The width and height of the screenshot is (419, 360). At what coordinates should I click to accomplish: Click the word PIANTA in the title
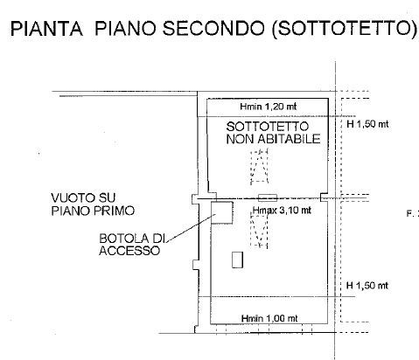click(x=46, y=28)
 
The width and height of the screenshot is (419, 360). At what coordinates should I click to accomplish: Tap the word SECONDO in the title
click(x=213, y=28)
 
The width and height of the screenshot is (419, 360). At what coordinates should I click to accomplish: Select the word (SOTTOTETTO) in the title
click(x=344, y=28)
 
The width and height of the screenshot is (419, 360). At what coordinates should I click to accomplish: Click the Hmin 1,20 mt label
click(x=269, y=107)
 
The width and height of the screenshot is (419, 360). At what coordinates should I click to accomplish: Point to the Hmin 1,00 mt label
click(x=269, y=318)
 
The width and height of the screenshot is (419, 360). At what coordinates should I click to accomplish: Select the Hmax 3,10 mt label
click(x=282, y=210)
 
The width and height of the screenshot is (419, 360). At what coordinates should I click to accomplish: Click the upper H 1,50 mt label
click(x=367, y=124)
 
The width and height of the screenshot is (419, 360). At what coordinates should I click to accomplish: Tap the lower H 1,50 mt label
click(x=367, y=286)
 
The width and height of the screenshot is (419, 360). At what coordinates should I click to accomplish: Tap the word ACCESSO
click(x=129, y=251)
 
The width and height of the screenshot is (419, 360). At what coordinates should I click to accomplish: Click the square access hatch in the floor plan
click(x=222, y=212)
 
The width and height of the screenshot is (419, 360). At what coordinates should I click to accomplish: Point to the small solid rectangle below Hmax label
click(x=237, y=260)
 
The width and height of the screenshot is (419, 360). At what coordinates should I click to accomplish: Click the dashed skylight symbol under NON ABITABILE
click(x=259, y=167)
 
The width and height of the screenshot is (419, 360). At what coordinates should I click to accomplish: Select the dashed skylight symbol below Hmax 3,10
click(x=259, y=230)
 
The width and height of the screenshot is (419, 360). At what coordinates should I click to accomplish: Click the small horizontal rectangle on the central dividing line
click(x=268, y=197)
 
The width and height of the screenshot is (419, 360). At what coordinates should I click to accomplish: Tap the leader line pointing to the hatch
click(x=192, y=228)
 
